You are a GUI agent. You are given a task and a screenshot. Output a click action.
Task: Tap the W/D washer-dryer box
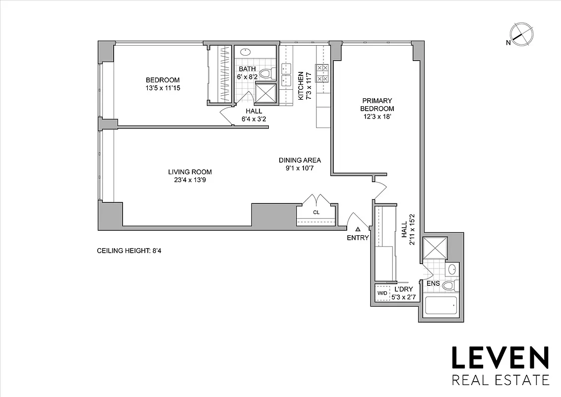[382, 293]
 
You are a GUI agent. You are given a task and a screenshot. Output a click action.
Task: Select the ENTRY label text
[358, 238]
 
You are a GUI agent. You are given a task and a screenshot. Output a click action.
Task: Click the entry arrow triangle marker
[358, 229]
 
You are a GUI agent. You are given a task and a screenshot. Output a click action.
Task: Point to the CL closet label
[316, 212]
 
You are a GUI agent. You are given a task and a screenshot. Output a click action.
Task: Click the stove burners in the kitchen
[322, 73]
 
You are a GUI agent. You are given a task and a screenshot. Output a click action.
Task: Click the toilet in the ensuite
[450, 285]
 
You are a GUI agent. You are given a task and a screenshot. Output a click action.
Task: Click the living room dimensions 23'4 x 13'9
[187, 180]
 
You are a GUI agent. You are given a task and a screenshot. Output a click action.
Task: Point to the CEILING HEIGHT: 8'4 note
[129, 251]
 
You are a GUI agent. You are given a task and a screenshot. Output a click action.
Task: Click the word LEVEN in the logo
[500, 358]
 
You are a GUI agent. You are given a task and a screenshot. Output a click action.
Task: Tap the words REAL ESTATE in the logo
[500, 381]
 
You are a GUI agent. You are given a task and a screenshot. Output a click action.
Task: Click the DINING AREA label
[300, 160]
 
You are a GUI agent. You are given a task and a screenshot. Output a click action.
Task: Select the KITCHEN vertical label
[301, 85]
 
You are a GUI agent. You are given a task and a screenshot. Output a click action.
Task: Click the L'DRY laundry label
[403, 289]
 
